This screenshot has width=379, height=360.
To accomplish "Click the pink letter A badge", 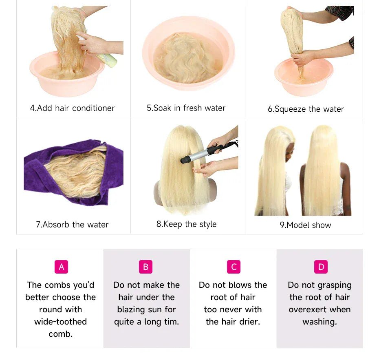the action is click(62, 267).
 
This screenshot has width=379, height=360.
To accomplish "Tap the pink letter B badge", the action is click(146, 267).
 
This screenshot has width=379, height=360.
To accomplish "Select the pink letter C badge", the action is click(234, 267).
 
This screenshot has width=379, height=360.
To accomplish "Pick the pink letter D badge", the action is click(321, 267).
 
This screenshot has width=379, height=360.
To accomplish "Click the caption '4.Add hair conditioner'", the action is click(72, 108).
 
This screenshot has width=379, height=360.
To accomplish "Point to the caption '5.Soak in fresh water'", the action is click(186, 108).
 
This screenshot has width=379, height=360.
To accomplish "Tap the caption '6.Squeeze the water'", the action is click(306, 109).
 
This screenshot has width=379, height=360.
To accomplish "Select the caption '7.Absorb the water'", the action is click(72, 224).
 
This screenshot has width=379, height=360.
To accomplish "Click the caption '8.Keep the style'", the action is click(186, 224).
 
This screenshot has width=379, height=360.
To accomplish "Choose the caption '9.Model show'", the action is click(306, 225).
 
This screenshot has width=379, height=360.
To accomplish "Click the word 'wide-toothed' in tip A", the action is click(60, 322).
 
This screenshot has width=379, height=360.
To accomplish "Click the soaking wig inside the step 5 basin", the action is click(188, 58).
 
